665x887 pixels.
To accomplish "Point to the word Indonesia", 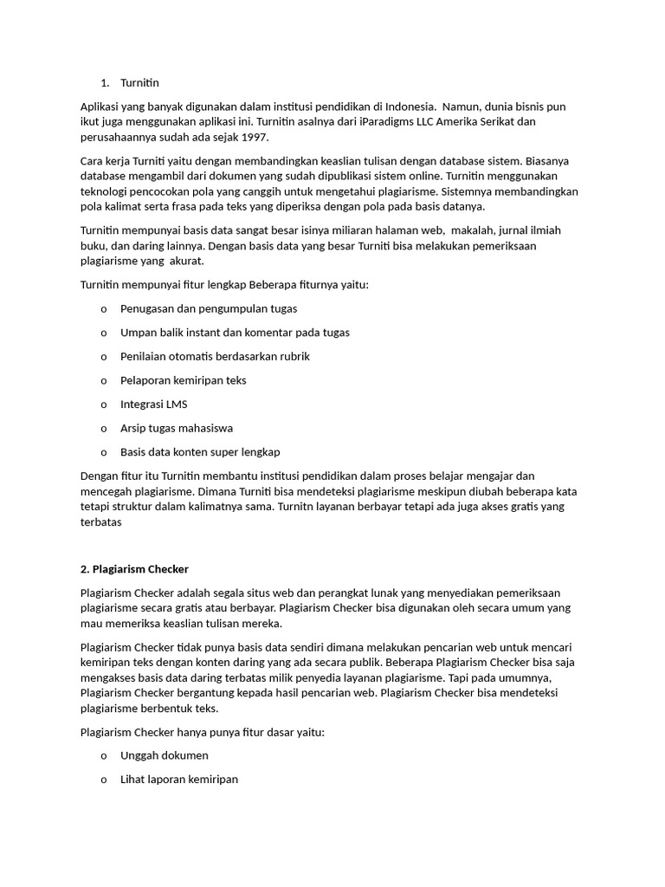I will tap(406, 107).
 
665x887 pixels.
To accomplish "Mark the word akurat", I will tap(187, 260).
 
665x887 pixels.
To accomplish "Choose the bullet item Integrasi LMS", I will tap(153, 404).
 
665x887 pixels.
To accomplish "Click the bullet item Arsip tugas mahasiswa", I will tap(177, 428).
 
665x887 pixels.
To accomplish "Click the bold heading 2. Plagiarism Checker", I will tap(133, 569).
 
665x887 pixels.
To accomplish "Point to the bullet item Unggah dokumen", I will tap(164, 755).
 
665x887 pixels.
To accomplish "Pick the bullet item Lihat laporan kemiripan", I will tap(178, 779).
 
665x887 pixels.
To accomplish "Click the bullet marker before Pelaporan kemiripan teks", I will tap(103, 380).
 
